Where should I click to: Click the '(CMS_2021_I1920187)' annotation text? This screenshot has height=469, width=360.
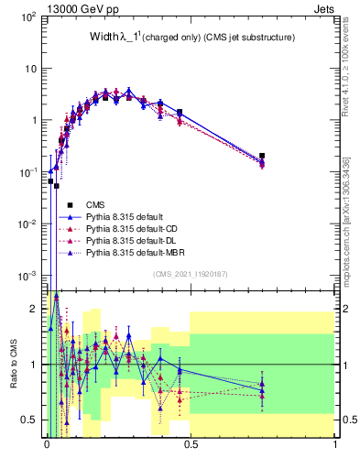click(190, 274)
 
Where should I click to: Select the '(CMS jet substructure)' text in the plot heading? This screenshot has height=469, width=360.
click(243, 38)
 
